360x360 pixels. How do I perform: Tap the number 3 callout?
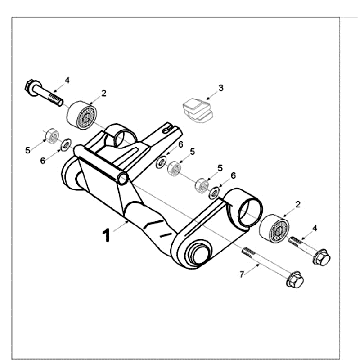tap(221, 88)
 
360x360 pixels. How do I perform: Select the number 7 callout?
tap(240, 272)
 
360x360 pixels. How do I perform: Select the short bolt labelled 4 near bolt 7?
tap(301, 242)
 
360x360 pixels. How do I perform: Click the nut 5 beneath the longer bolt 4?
tap(47, 135)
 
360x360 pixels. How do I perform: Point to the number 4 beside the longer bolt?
tap(68, 79)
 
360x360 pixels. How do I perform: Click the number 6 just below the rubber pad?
tap(179, 145)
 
